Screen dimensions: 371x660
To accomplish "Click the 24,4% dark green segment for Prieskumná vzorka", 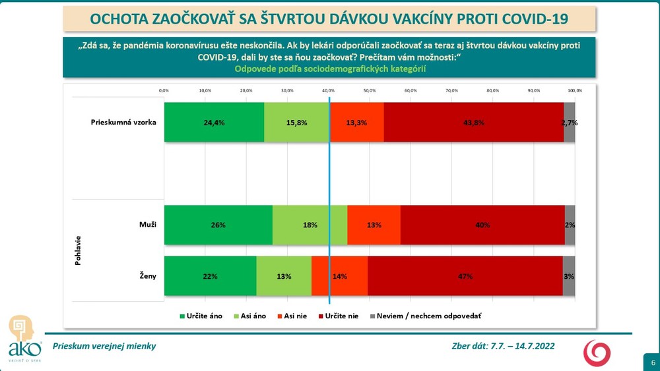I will (x=214, y=123).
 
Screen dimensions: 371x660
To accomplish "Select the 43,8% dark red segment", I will (x=473, y=123).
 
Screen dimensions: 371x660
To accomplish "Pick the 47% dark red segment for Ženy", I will (x=465, y=276).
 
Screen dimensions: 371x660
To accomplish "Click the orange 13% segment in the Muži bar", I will (x=374, y=225).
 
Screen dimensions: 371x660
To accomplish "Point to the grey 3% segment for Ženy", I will (x=569, y=276).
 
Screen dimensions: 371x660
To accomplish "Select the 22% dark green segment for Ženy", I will (x=210, y=276).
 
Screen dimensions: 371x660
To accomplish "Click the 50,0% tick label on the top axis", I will (x=369, y=90).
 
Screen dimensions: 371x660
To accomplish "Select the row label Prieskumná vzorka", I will (x=123, y=123).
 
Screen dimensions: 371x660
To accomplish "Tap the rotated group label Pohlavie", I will (x=78, y=250).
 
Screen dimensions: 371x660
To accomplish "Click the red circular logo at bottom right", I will (x=597, y=353).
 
